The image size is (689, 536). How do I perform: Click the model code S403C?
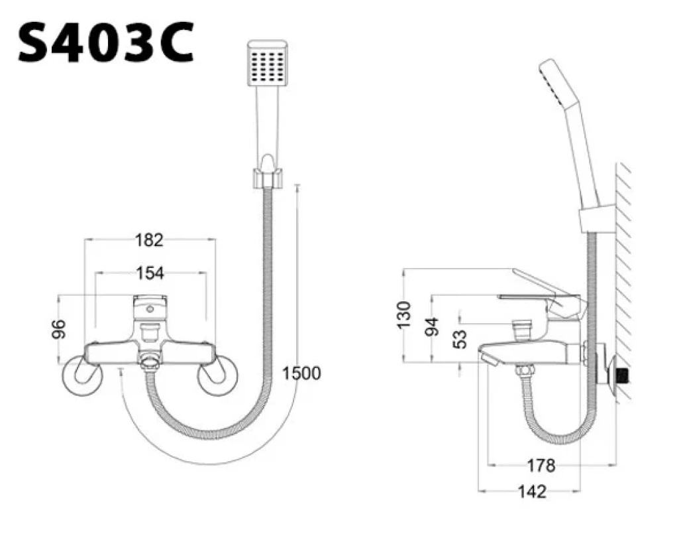pos(106,42)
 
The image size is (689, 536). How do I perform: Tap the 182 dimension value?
pos(148,240)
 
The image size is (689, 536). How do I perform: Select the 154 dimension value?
pos(150,272)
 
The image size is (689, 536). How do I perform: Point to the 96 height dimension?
pos(60,329)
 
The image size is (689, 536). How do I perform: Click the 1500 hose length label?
pos(301,373)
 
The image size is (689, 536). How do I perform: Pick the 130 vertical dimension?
pos(403,315)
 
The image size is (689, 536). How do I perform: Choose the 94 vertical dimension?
pos(432,326)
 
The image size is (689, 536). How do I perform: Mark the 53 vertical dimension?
pos(459,340)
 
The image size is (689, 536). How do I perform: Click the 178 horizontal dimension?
pos(542,466)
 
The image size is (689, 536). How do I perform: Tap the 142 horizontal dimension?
pos(531,492)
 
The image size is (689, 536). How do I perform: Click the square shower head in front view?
pos(268,64)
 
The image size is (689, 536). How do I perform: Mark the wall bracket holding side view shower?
pos(590,220)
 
